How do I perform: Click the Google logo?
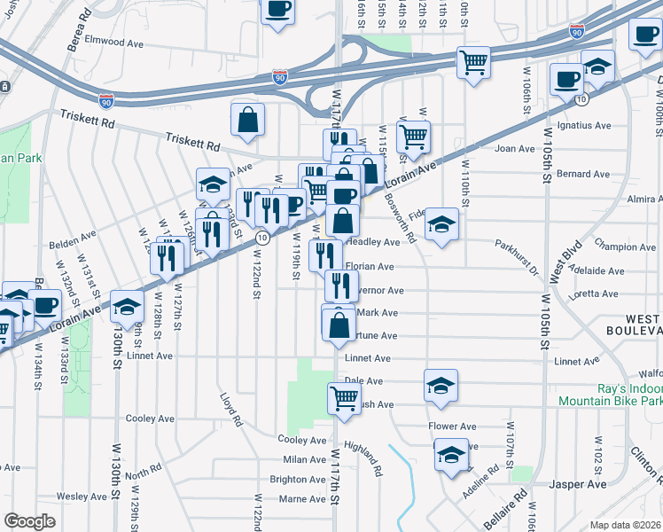(x=29, y=520)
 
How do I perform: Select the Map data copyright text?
(x=625, y=525)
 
